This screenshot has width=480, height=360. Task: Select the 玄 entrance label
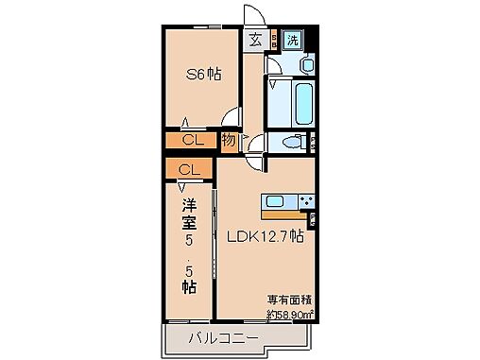(x=256, y=39)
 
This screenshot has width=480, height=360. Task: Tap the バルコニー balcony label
(x=217, y=337)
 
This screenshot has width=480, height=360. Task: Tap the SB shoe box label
(x=274, y=40)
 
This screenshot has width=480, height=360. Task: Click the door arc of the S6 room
(x=231, y=118)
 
